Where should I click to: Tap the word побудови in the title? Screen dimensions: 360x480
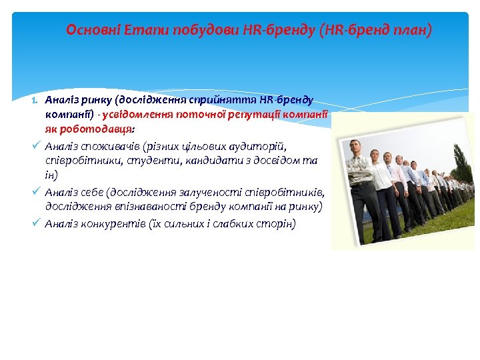click(x=196, y=30)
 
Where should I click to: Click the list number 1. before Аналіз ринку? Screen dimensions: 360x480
click(x=38, y=100)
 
